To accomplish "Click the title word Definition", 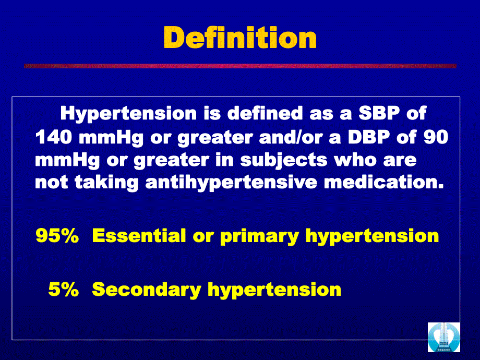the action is click(240, 38).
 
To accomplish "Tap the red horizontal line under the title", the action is click(240, 66).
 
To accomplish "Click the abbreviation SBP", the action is click(379, 113).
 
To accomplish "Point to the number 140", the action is click(54, 137).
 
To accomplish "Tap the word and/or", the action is click(291, 137).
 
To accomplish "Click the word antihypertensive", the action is click(231, 183).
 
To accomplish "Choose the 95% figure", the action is click(57, 236).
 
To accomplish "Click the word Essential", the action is click(139, 236).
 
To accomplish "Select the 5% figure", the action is click(64, 289).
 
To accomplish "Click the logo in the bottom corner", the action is click(443, 338).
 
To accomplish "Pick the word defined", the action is click(265, 113).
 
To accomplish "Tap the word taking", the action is click(106, 183).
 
